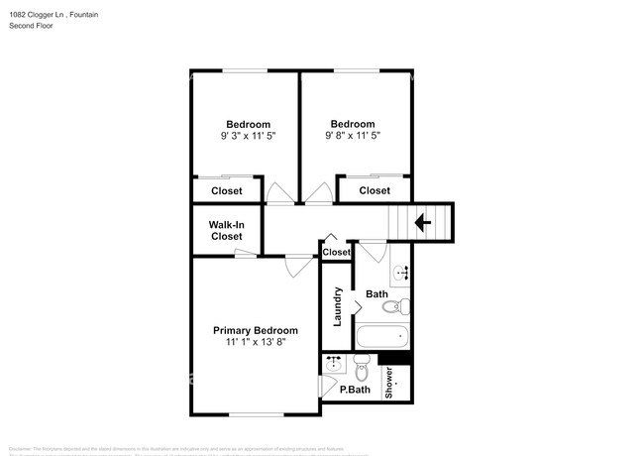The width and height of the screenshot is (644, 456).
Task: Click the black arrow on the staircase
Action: pos(423,223)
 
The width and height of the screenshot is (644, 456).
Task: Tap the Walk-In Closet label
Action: pos(226,231)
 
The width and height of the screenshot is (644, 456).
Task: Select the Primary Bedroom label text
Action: pos(256,330)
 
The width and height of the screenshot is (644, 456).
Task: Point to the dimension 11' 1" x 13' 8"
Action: pos(256,342)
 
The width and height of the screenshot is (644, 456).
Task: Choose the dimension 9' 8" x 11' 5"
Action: pos(355,135)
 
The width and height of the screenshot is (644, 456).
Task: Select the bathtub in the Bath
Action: pos(382,338)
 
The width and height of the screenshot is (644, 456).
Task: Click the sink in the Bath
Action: pos(400,273)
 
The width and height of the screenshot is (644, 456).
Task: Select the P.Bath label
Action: pos(354,391)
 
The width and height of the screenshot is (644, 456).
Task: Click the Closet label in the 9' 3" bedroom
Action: pos(226,191)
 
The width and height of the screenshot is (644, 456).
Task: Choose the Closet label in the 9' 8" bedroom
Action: pos(375,190)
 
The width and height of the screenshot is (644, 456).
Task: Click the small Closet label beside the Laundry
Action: pos(337,253)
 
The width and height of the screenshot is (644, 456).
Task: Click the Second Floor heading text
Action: pos(31,27)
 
